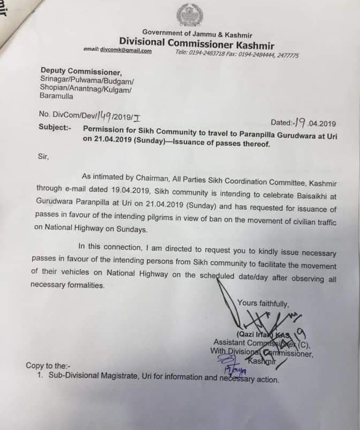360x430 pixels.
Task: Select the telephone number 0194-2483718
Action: pos(215,55)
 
